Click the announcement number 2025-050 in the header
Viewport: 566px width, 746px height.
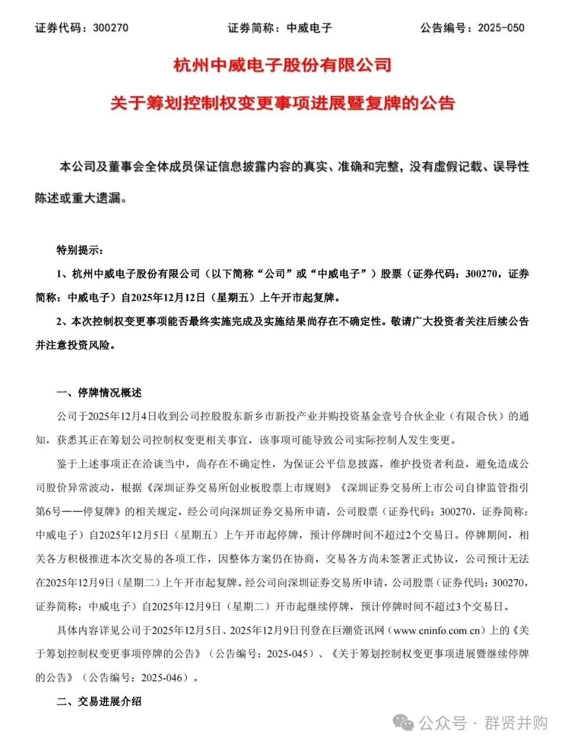tap(501, 28)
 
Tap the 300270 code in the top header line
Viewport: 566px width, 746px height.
tap(111, 28)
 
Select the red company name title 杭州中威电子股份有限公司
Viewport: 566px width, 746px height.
tap(282, 65)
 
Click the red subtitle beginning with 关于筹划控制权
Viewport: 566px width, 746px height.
tap(282, 103)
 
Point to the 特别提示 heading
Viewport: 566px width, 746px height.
tap(79, 250)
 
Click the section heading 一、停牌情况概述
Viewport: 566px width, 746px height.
tap(99, 393)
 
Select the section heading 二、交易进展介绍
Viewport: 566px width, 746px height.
tap(99, 702)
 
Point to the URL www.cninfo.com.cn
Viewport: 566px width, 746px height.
tap(436, 631)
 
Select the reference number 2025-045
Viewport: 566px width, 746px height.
tap(287, 654)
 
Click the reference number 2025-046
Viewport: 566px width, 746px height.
tap(161, 678)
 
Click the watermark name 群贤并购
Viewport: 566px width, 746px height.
tap(517, 723)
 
